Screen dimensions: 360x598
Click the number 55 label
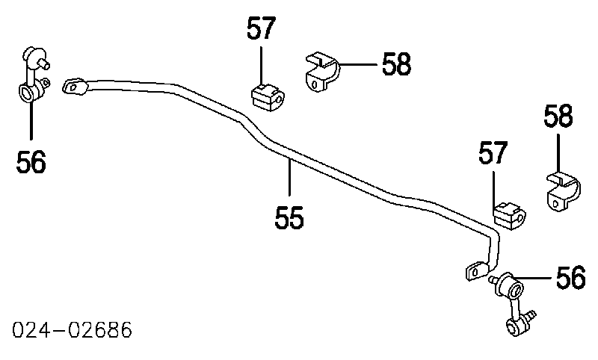coord(289,218)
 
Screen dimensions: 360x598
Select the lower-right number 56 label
coord(570,278)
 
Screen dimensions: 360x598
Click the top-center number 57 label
coord(262,29)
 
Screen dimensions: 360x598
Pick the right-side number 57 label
coord(493,154)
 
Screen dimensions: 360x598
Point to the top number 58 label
coord(396,64)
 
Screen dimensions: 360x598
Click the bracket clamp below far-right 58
coord(561,193)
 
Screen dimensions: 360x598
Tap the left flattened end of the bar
coord(75,87)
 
